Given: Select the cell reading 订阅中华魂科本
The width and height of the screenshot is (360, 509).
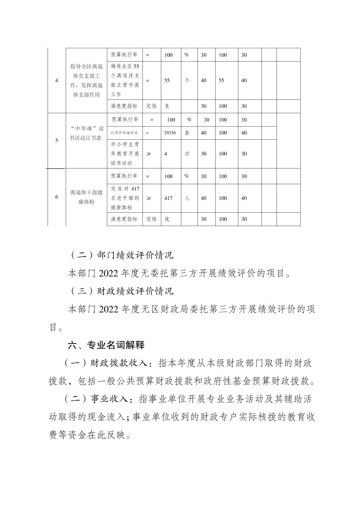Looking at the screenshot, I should [124, 133].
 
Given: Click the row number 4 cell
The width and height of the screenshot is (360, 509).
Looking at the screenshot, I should [57, 80].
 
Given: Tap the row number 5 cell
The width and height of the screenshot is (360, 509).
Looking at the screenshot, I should [57, 140].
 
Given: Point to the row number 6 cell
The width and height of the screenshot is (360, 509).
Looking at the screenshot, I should [57, 197].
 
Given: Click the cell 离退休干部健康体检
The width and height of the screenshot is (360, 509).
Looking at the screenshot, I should [86, 197].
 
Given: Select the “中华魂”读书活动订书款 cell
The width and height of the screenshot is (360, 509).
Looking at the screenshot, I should [86, 133].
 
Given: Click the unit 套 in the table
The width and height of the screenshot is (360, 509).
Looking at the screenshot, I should [187, 133].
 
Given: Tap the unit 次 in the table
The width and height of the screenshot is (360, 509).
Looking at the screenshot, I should [187, 154].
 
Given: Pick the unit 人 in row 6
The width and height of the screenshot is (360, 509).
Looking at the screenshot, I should [187, 198].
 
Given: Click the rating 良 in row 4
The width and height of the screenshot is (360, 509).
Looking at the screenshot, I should [167, 106].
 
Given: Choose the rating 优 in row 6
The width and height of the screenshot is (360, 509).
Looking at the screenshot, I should [167, 219].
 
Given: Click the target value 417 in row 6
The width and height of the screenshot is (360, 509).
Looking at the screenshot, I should [168, 198].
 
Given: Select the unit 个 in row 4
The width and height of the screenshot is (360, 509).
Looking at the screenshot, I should [187, 81].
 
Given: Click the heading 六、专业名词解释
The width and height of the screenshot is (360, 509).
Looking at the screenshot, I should [106, 345].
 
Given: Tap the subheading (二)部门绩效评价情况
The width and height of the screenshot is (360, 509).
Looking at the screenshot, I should [122, 256].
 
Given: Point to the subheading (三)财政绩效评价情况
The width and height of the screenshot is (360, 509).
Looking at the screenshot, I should [122, 291].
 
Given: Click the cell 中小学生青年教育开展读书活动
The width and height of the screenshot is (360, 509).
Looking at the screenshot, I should [125, 154].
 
